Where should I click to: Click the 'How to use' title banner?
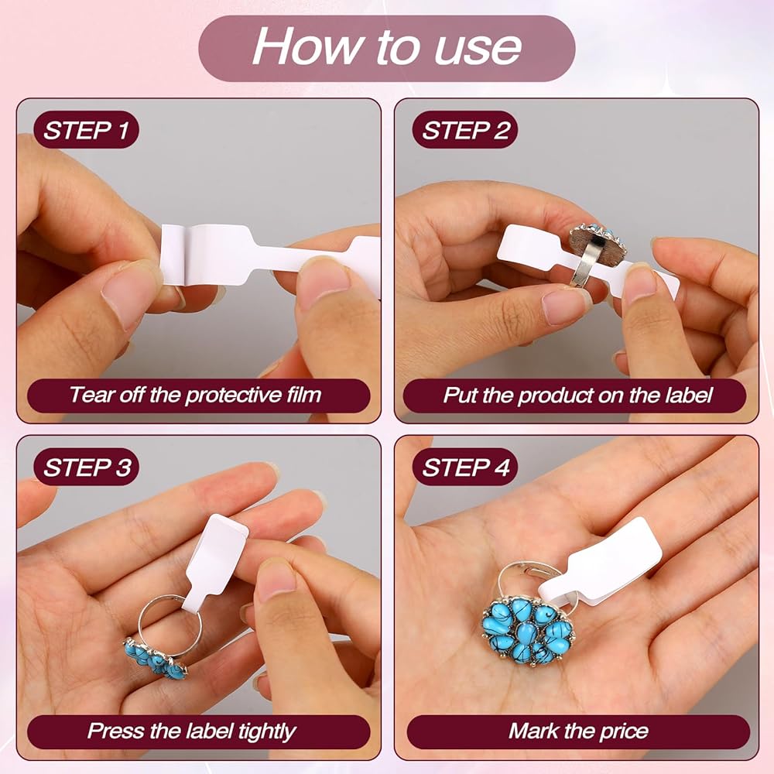pos(386,48)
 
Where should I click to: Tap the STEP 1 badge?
pos(86,130)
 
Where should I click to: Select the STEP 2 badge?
pos(464,130)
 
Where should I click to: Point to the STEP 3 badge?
pos(86,467)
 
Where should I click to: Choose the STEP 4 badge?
pos(464,467)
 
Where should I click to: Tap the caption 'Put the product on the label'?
pos(577,396)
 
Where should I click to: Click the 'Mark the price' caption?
pos(577,731)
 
